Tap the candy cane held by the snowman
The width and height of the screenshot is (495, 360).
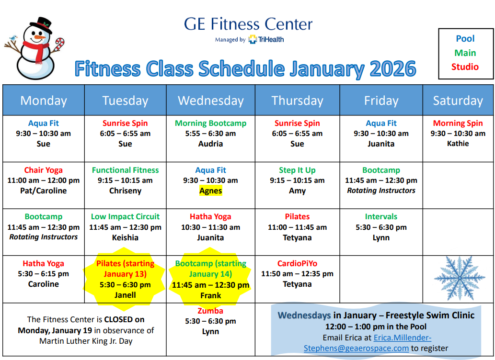pos(59,45)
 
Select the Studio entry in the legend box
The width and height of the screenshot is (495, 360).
pos(465,67)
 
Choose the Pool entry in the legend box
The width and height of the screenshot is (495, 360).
pos(465,39)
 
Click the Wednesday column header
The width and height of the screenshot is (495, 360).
pos(211,101)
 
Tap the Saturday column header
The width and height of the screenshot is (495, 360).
pos(458,101)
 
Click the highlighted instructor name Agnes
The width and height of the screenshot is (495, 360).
pos(210,191)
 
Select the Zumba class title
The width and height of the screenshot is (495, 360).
pos(210,311)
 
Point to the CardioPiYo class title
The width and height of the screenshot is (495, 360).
pos(297,263)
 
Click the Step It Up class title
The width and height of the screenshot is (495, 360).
pos(297,170)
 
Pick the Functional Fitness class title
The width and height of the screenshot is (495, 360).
pos(125,170)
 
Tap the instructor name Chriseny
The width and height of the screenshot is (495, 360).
pos(125,191)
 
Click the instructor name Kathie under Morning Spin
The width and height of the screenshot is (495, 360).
pos(458,144)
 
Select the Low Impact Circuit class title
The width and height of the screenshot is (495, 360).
pos(125,216)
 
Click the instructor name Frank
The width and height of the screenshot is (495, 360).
pos(210,295)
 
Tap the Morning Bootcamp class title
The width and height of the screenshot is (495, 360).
pos(210,123)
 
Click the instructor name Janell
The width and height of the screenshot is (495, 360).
pos(125,295)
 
